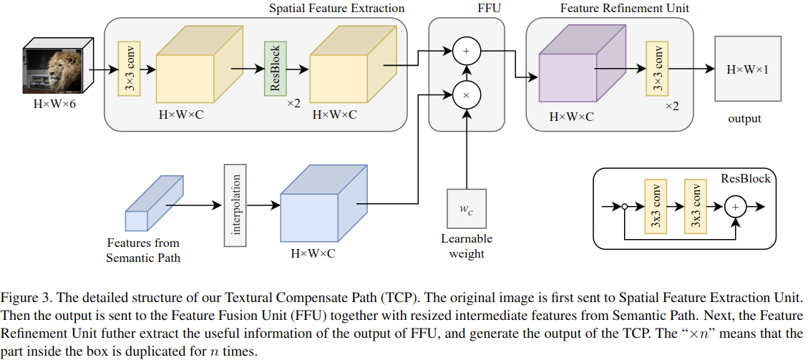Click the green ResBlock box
273,69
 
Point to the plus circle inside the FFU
467,52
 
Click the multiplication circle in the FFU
467,94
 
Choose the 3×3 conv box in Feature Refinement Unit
656,69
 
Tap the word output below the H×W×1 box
745,119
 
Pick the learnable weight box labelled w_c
466,210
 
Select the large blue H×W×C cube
319,205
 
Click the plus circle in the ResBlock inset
735,206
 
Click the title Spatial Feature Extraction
336,9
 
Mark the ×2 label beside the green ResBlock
293,104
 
